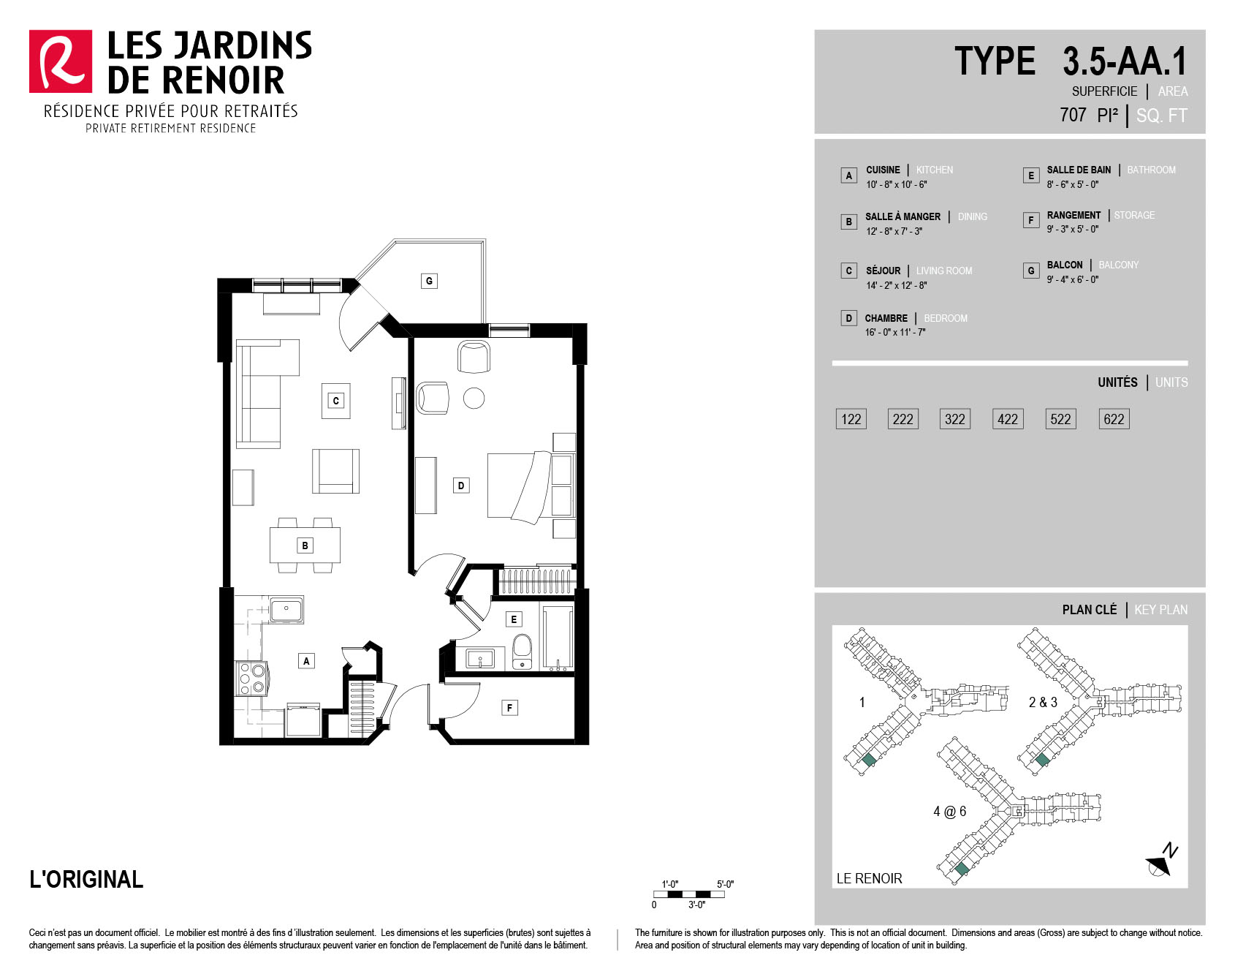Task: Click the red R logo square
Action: point(61,61)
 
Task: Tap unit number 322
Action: point(955,419)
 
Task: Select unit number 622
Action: point(1114,419)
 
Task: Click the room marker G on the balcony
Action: point(429,281)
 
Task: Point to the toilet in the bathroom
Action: point(522,651)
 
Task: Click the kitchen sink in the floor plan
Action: point(286,609)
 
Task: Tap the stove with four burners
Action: point(251,678)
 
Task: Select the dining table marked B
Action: point(305,545)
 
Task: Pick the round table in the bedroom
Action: point(474,398)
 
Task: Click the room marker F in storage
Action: point(509,707)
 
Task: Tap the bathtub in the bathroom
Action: point(558,638)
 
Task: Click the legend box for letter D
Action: point(848,318)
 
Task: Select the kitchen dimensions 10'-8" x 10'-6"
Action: point(897,185)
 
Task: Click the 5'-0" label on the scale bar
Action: point(725,884)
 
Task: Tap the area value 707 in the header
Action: point(1073,115)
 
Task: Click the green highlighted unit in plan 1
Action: point(868,760)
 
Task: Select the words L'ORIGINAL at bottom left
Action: point(86,879)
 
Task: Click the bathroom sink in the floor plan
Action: point(479,659)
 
